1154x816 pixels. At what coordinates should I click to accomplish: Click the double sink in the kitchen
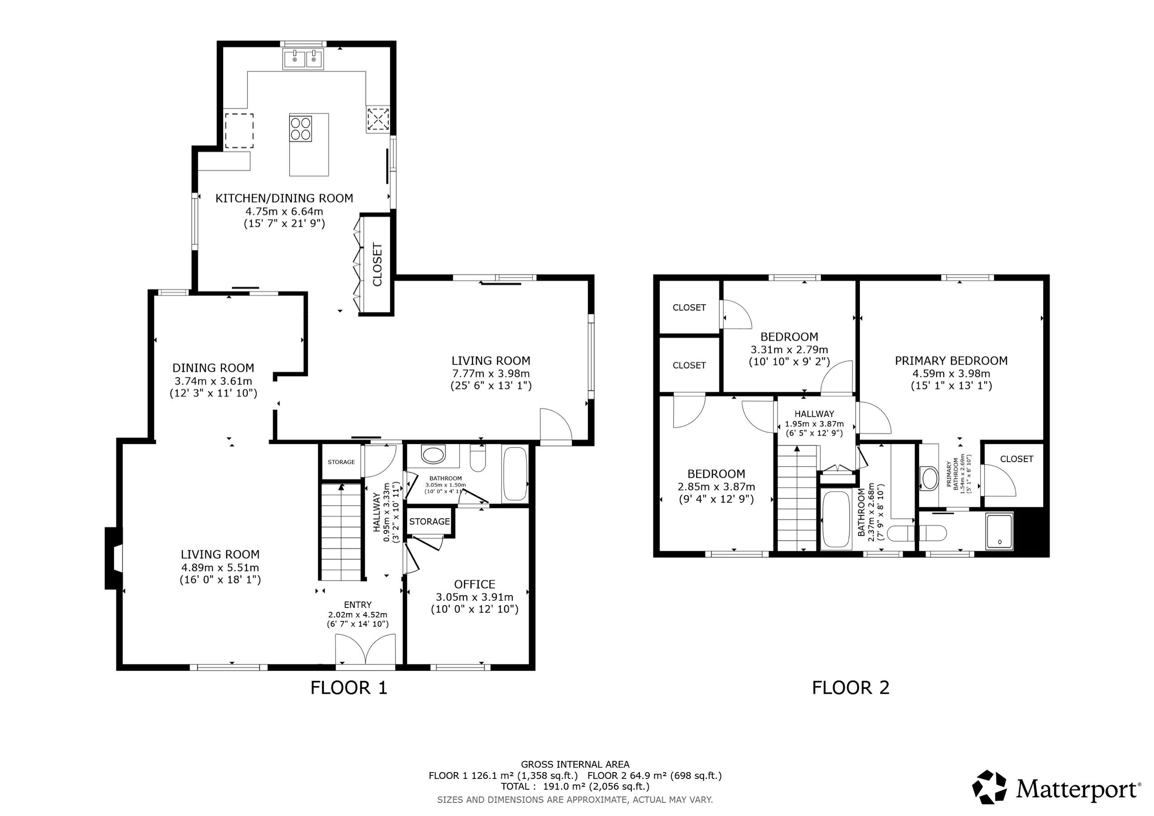[303, 59]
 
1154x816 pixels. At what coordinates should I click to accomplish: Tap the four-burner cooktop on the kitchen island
[300, 128]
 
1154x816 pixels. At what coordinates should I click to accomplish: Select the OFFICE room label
[474, 584]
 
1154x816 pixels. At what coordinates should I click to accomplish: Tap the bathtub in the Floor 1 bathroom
[515, 473]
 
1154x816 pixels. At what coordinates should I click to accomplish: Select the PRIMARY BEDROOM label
[951, 361]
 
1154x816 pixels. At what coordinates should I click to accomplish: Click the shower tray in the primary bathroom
[999, 531]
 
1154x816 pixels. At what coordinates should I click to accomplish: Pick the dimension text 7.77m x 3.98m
[491, 373]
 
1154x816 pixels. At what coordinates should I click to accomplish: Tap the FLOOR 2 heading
[850, 687]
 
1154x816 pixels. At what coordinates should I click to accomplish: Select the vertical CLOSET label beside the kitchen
[377, 264]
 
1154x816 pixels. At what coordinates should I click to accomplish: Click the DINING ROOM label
[213, 367]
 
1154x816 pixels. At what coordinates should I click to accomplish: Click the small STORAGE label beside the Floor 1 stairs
[341, 462]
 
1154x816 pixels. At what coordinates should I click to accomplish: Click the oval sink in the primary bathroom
[930, 479]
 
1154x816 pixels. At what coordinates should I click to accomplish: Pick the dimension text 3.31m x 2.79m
[789, 349]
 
